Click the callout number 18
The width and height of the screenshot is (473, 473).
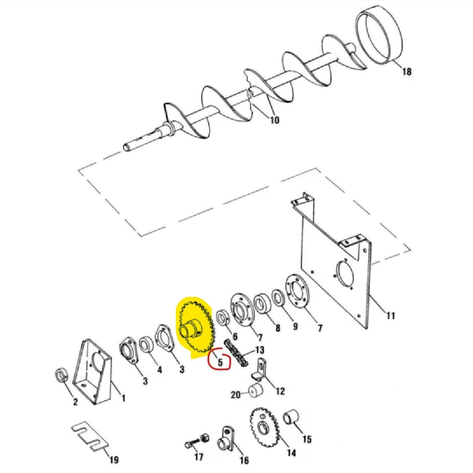[x=407, y=72]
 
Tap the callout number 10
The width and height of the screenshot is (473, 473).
[x=275, y=120]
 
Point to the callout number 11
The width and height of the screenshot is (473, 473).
[x=390, y=316]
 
